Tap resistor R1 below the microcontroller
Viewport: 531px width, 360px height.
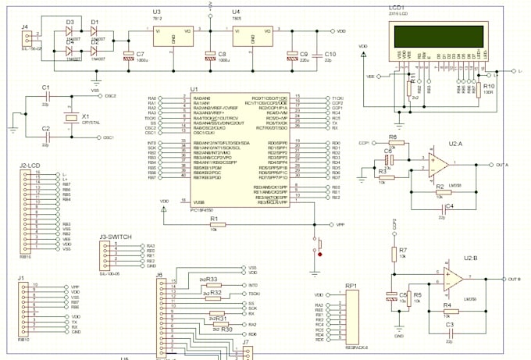tap(212, 223)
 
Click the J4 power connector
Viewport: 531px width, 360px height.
tap(27, 38)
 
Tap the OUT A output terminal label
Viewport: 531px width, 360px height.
tap(503, 165)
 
